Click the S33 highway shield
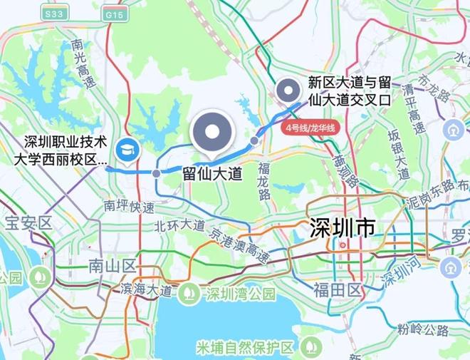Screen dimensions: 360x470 coord(52,14)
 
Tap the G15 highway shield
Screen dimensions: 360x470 coord(114,14)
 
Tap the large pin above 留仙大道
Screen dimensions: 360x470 coord(213,133)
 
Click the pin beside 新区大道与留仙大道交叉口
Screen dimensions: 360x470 coord(288,91)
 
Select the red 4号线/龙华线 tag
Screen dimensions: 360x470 coord(310,128)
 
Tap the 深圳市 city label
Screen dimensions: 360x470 coord(342,229)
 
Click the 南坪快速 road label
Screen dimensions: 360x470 coord(129,207)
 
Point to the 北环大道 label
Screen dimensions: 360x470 coord(178,227)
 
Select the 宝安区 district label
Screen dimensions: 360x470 coord(27,223)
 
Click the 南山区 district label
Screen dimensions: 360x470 coord(112,267)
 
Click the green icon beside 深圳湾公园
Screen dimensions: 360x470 coord(189,292)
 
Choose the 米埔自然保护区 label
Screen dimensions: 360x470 coord(246,348)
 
